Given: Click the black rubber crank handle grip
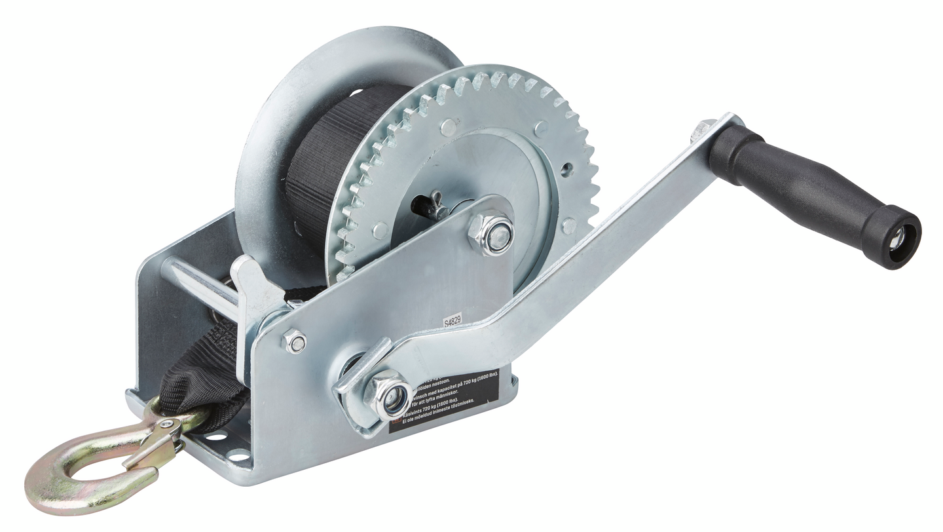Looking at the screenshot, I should click(x=805, y=183).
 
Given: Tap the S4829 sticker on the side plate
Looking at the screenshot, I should click(x=453, y=321).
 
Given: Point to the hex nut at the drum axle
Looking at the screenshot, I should click(x=492, y=234).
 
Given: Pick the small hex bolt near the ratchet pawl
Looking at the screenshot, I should click(x=294, y=341).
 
